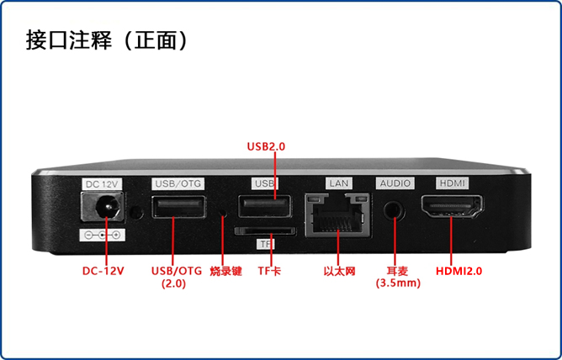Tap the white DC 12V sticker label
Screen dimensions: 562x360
click(102, 184)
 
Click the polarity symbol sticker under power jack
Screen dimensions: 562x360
click(102, 235)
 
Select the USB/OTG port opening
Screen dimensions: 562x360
click(179, 207)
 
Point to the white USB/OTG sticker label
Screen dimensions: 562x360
click(179, 183)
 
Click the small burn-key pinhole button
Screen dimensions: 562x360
click(223, 212)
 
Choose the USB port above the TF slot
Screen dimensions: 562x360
click(265, 205)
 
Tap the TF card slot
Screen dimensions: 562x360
click(265, 230)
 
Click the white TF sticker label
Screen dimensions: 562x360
click(266, 244)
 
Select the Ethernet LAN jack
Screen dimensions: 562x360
click(337, 215)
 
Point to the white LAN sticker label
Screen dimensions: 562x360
click(339, 183)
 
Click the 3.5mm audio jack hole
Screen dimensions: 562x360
click(395, 209)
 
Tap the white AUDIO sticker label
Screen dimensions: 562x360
click(395, 183)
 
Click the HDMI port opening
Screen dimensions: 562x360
click(452, 207)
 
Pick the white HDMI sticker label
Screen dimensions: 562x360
click(453, 183)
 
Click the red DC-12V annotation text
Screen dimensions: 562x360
click(103, 271)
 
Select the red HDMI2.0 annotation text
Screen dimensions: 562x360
click(459, 271)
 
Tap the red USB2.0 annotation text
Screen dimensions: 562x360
click(267, 146)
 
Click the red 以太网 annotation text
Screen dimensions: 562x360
click(339, 271)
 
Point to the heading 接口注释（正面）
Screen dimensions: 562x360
click(107, 40)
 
